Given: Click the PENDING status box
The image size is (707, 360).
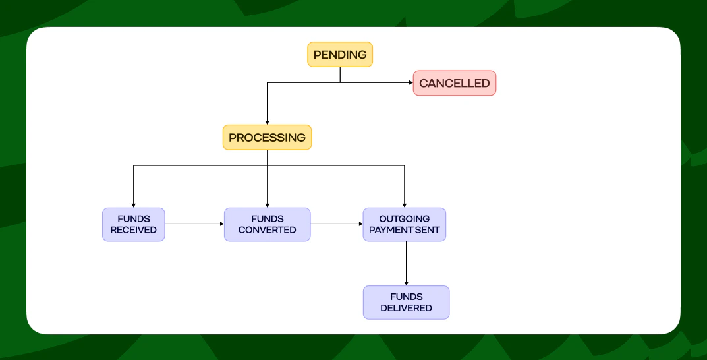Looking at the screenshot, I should pyautogui.click(x=340, y=55).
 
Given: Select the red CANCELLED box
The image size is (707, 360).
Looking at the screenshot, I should pyautogui.click(x=454, y=83).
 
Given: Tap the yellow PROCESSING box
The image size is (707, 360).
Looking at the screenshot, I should pyautogui.click(x=267, y=138).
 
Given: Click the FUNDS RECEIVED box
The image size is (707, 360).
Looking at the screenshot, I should pyautogui.click(x=134, y=224).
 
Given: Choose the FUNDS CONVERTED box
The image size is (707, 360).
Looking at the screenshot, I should pyautogui.click(x=267, y=224).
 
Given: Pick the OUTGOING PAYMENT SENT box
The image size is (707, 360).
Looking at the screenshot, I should pyautogui.click(x=404, y=224).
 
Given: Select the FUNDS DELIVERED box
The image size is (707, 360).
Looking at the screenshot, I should pyautogui.click(x=406, y=302).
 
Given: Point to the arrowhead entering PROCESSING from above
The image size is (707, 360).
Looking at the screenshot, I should pyautogui.click(x=267, y=122).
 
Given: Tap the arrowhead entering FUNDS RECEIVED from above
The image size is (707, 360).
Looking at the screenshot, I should pyautogui.click(x=134, y=205).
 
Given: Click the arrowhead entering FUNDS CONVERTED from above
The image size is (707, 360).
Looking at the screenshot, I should pyautogui.click(x=267, y=205).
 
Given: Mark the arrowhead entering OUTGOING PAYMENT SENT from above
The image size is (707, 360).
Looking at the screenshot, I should pyautogui.click(x=404, y=205).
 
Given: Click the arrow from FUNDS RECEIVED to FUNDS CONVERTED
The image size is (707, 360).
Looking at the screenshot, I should pyautogui.click(x=194, y=224).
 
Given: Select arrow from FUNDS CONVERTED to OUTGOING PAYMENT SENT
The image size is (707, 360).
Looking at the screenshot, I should pyautogui.click(x=336, y=224).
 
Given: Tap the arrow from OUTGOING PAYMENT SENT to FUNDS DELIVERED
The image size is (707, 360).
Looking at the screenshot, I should pyautogui.click(x=406, y=263).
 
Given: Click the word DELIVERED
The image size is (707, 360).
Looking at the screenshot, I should pyautogui.click(x=406, y=308).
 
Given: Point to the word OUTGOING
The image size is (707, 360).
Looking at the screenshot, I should pyautogui.click(x=404, y=219).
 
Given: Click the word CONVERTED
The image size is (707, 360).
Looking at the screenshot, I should pyautogui.click(x=267, y=230).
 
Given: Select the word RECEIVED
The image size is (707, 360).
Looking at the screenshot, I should pyautogui.click(x=134, y=230).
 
